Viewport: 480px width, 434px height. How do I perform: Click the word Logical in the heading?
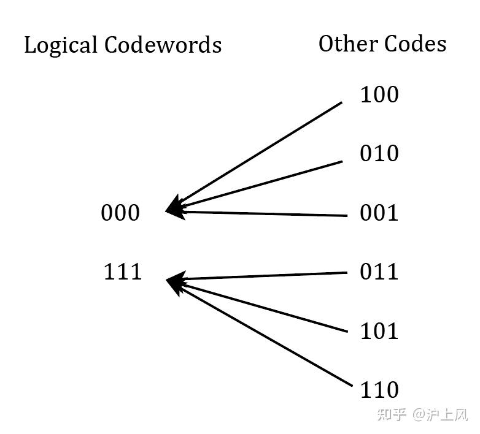pos(60,45)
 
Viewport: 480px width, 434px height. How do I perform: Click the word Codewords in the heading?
pos(163,45)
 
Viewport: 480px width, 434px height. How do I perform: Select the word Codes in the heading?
pos(416,44)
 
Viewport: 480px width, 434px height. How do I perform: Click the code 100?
pos(379,95)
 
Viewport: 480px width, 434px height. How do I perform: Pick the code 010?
pos(379,154)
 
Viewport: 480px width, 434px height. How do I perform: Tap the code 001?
pos(379,213)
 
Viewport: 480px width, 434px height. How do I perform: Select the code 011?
pos(379,272)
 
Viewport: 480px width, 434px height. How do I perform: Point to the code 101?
pos(379,331)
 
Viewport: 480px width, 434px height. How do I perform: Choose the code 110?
pos(379,390)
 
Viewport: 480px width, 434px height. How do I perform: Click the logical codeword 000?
pos(120,213)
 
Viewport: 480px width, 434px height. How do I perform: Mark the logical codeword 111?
pos(122,272)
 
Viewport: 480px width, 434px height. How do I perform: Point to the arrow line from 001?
pos(264,213)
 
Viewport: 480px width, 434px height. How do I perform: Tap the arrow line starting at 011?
pos(264,276)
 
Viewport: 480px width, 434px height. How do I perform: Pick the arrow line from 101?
pos(264,307)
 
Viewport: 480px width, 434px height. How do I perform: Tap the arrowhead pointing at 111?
pos(174,283)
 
